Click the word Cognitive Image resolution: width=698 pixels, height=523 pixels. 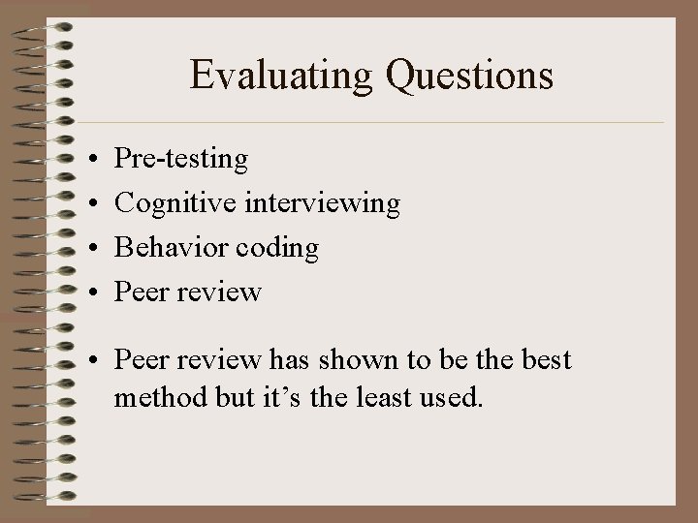pos(180,202)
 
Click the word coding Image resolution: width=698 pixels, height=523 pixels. pos(281,248)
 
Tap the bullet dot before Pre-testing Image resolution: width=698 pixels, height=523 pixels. pos(87,158)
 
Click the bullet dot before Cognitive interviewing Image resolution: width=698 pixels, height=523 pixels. pos(87,203)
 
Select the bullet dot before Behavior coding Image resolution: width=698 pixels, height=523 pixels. pos(87,248)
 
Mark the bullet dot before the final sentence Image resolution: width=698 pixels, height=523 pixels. pos(87,360)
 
